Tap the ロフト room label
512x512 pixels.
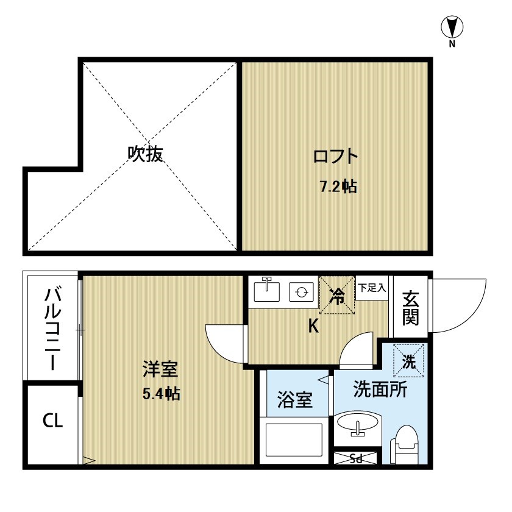click(336, 157)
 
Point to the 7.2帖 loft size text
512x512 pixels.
click(338, 187)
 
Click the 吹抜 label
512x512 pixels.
click(145, 154)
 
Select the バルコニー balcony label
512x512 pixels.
click(53, 329)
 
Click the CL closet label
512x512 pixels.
click(52, 421)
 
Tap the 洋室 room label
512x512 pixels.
click(160, 369)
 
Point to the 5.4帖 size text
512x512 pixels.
click(162, 394)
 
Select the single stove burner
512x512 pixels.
click(301, 291)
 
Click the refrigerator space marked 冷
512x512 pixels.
click(336, 295)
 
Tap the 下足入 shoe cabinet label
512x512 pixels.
click(372, 288)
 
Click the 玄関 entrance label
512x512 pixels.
click(410, 308)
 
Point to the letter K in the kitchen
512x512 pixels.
click(313, 325)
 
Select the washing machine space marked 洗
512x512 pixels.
click(408, 361)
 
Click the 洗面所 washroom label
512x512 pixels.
click(380, 389)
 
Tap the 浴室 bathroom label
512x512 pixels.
click(295, 400)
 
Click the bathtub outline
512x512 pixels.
click(294, 440)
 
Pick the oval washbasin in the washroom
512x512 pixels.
click(358, 424)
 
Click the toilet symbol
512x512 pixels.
click(405, 444)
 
